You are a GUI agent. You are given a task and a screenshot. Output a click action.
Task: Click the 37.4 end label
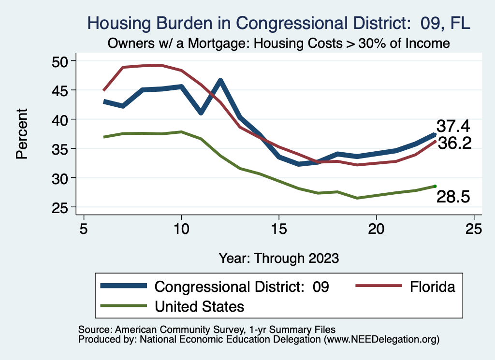[x=453, y=126]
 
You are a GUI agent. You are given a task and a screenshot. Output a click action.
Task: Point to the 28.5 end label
[x=453, y=197]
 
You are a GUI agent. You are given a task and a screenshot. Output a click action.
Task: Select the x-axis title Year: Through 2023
[x=278, y=258]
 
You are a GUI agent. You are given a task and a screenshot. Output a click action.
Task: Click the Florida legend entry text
[x=433, y=287]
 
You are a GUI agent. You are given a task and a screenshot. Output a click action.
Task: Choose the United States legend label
[x=199, y=306]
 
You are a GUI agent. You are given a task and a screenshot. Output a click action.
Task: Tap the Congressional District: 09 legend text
[x=242, y=287]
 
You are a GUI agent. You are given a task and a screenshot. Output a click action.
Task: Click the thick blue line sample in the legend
[x=123, y=286]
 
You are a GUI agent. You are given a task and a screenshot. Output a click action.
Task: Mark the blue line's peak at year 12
[x=220, y=81]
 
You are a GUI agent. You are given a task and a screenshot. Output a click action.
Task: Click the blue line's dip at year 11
[x=201, y=113]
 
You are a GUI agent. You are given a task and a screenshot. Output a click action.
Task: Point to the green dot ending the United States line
[x=435, y=186]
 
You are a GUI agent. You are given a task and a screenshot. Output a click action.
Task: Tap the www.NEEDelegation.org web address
[x=381, y=339]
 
